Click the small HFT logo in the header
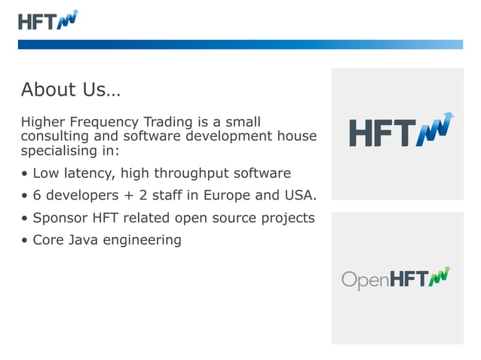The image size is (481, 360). pos(48,20)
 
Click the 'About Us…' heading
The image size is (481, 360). pos(70,90)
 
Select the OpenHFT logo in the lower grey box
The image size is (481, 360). pos(396,279)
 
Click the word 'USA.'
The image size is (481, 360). pos(301,197)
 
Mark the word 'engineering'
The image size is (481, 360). pos(145,241)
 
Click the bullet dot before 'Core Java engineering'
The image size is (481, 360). pos(25,241)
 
